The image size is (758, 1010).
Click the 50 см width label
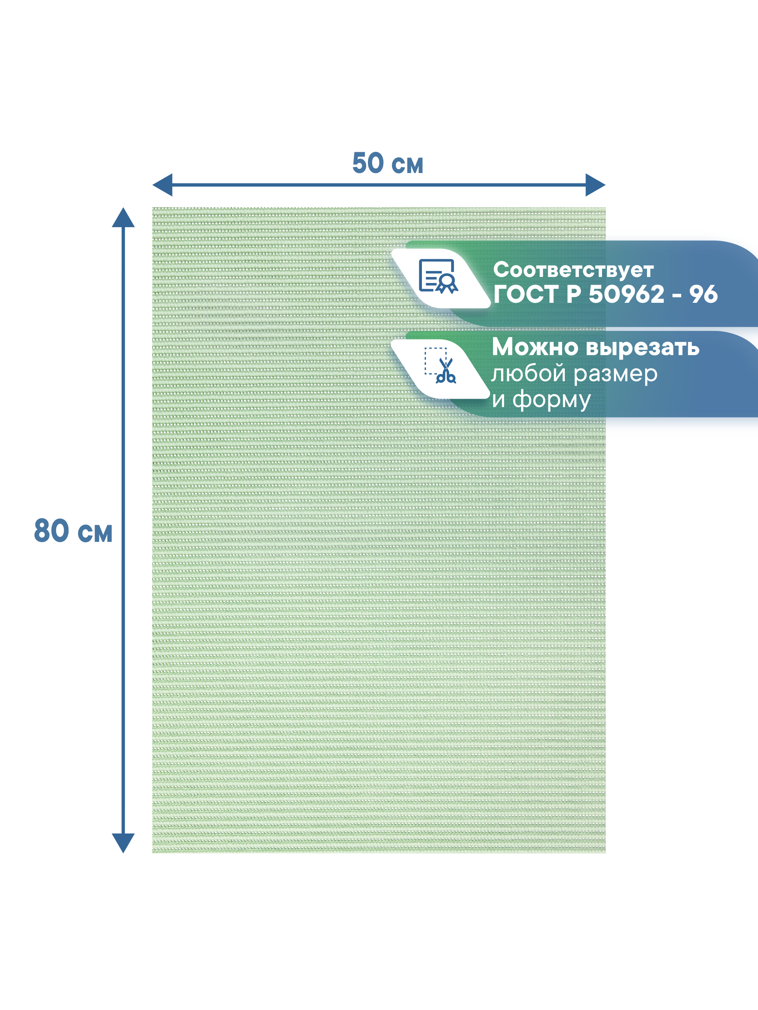(388, 163)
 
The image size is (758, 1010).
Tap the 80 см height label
(73, 531)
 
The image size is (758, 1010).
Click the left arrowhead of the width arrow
(163, 185)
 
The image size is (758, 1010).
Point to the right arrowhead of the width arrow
(595, 185)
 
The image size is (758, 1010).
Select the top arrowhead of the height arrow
(123, 218)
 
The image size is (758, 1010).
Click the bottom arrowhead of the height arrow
(123, 842)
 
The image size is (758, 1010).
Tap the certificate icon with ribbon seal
(438, 276)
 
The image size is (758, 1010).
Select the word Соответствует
(573, 270)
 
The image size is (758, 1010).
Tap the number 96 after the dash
(703, 294)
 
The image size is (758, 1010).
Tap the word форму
(552, 400)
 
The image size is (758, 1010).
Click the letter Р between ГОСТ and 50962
(574, 294)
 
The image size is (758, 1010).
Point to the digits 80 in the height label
(52, 531)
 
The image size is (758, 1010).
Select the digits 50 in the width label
(368, 163)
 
